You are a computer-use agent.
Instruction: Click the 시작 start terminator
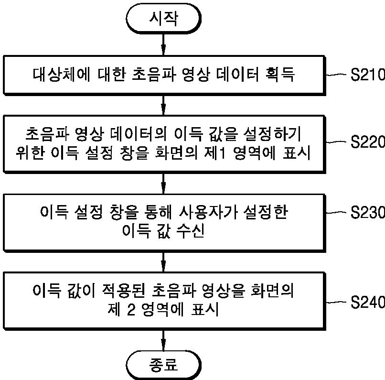(x=163, y=19)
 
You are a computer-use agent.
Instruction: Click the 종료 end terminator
(x=163, y=365)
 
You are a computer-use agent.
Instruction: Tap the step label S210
(x=367, y=76)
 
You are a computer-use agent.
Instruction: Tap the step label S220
(x=367, y=141)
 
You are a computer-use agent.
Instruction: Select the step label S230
(x=367, y=212)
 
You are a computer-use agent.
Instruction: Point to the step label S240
(x=367, y=302)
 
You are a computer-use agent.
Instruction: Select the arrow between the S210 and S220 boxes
(x=163, y=104)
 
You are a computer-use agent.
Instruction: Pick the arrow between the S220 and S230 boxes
(x=163, y=182)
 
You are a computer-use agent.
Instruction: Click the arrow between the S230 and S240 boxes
(x=163, y=261)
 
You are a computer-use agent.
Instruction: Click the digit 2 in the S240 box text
(x=131, y=309)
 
